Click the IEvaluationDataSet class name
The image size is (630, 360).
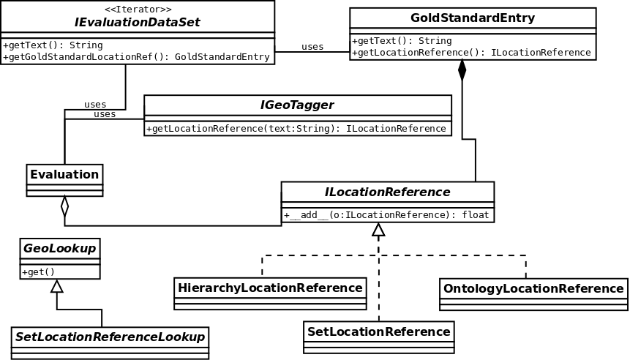coord(137,22)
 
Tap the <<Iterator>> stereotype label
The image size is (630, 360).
coord(138,9)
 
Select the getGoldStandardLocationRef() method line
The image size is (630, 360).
coord(136,57)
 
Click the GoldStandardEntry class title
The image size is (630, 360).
coord(473,18)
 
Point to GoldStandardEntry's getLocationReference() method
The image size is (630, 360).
coord(471,53)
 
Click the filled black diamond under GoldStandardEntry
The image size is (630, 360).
coord(462,70)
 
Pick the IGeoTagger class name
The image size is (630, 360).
coord(297,105)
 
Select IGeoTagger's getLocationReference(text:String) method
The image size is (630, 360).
coord(296,129)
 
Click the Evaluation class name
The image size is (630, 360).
coord(64,174)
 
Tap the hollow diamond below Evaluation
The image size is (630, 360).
coord(64,206)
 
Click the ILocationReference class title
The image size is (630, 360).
coord(387,192)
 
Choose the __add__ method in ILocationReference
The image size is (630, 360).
coord(386,215)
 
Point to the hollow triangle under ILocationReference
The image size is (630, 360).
coord(378,230)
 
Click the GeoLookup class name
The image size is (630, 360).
coord(60,248)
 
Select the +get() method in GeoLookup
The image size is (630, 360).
coord(39,272)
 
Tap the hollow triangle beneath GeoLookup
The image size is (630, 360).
coord(57,286)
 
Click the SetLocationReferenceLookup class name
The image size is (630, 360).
coord(110,337)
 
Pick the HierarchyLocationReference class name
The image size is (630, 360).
coord(270,288)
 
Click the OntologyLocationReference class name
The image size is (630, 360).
coord(533,288)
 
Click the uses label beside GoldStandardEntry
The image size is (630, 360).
coord(312,47)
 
